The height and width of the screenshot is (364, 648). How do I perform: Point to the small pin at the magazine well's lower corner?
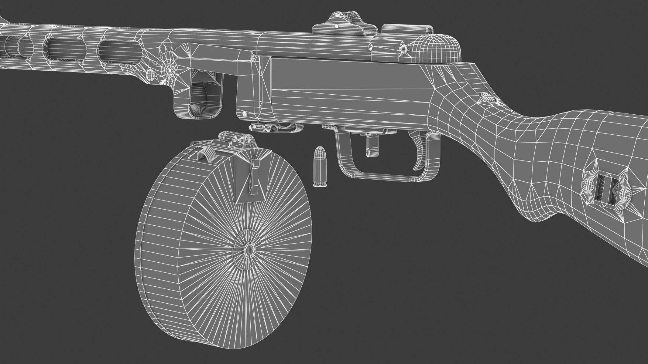tap(244, 113)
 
